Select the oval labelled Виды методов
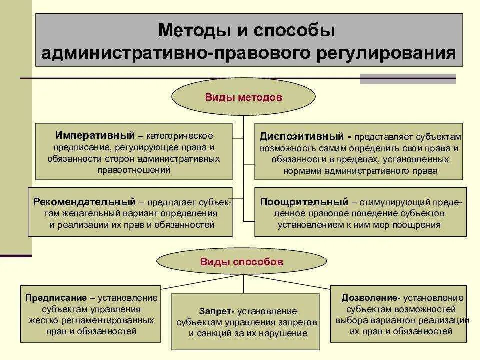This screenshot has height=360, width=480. [x=243, y=97]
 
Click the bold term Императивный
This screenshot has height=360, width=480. [x=95, y=136]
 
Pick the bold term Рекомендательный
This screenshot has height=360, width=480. [x=84, y=202]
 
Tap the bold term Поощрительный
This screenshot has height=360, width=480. [x=304, y=202]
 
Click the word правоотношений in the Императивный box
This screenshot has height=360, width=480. [x=134, y=170]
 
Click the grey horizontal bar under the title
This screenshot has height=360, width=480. [x=408, y=79]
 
